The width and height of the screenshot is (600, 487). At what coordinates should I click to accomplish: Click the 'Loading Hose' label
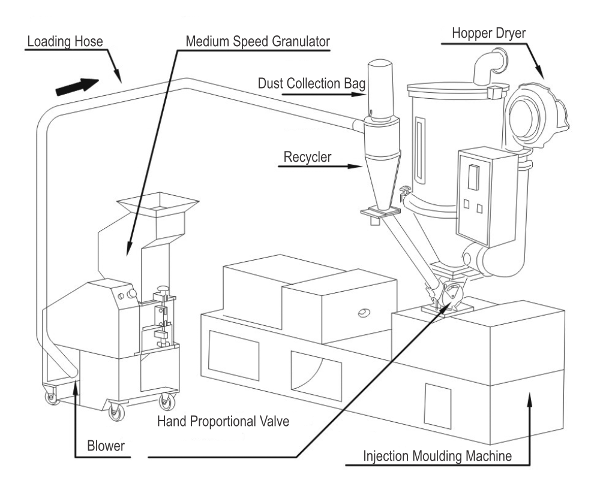[65, 41]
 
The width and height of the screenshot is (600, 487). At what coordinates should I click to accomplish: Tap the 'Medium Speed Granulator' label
[257, 41]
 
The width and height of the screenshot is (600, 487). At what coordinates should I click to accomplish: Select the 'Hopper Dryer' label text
[488, 33]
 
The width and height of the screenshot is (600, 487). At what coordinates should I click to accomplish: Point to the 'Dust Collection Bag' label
[311, 83]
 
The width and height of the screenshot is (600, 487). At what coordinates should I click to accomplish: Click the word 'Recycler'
[307, 156]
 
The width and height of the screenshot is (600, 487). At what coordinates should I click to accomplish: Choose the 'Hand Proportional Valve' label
[223, 422]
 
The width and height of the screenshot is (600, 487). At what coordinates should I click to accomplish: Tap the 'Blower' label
[106, 446]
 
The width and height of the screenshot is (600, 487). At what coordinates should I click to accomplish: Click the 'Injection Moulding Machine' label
[437, 456]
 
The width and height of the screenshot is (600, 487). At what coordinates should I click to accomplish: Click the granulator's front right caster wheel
[167, 401]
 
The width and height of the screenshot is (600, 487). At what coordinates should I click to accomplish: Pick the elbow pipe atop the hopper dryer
[488, 65]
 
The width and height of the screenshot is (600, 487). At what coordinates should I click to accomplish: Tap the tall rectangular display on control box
[473, 177]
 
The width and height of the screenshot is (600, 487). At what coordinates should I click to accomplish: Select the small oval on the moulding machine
[363, 313]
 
